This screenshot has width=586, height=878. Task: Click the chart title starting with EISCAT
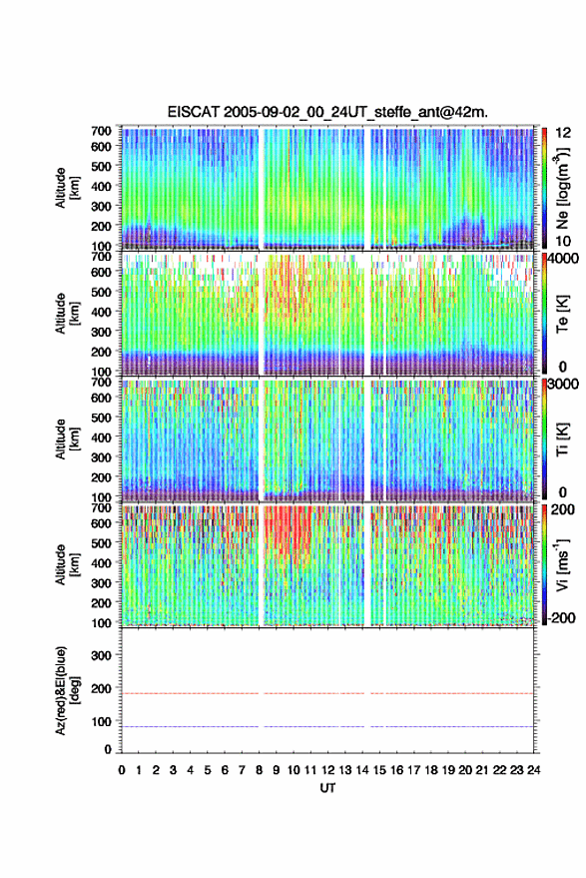pos(327,112)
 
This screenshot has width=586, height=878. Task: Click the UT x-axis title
pos(327,788)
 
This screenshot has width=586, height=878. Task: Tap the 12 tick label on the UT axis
pos(328,770)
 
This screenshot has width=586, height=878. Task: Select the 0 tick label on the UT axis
pos(122,770)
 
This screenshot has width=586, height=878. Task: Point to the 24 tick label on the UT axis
pos(534,770)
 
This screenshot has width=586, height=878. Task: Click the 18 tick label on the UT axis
pos(431,770)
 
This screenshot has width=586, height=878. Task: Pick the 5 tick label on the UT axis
pos(208,770)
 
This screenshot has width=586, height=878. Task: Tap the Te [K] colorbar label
pos(562,314)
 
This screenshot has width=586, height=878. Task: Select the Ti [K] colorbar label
pos(562,439)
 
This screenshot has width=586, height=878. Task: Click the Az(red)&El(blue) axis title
pos(67,690)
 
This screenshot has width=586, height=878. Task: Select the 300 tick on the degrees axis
pos(101,655)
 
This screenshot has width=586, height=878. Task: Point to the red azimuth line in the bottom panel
pos(327,693)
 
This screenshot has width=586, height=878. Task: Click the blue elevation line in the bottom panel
pos(327,726)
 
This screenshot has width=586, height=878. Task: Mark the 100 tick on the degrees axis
pos(101,721)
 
